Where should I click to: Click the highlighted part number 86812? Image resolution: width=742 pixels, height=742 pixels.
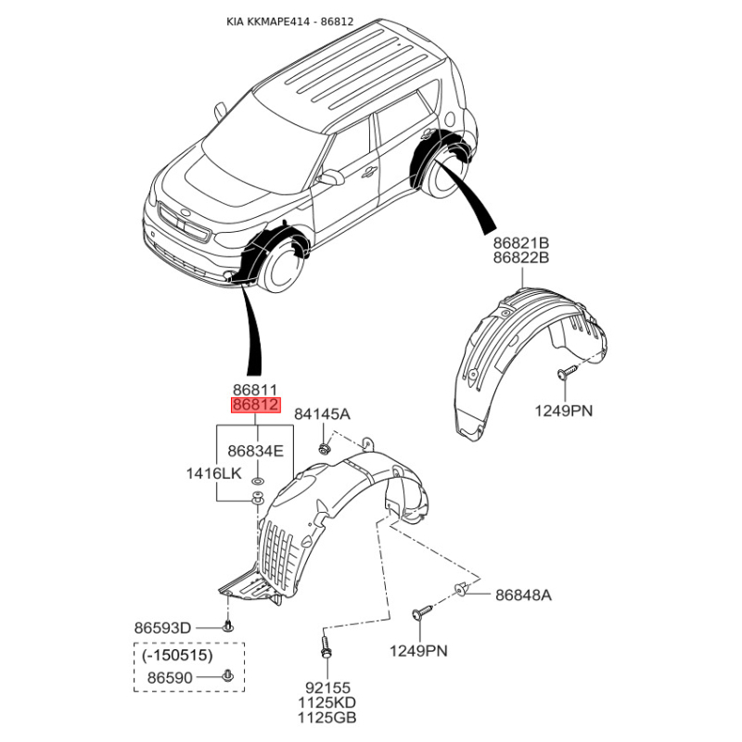click(255, 405)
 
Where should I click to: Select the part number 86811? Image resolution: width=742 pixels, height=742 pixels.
click(255, 390)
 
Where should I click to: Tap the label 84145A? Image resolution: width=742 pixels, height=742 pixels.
click(322, 414)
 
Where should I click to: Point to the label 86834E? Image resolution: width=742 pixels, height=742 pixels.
click(256, 452)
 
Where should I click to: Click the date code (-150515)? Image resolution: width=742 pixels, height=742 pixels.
click(177, 655)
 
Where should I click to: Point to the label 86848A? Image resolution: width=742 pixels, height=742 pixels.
click(523, 595)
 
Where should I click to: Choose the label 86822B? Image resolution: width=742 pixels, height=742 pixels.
click(521, 257)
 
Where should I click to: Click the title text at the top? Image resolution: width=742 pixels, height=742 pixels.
click(289, 20)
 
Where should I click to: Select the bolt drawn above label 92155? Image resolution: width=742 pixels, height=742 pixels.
click(325, 646)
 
